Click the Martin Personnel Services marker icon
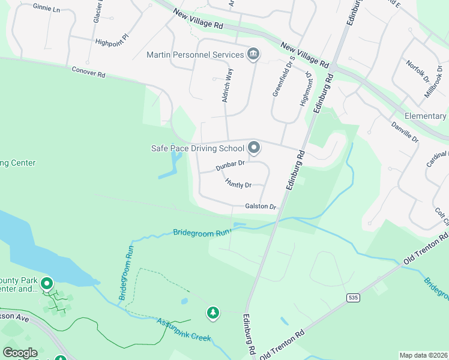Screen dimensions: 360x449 tap(253, 55)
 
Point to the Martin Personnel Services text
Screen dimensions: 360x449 tap(196, 55)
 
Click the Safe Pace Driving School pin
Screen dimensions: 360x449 tap(254, 147)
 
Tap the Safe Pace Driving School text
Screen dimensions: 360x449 tap(197, 148)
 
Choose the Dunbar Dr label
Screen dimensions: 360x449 tap(231, 163)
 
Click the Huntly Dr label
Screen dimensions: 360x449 tap(238, 182)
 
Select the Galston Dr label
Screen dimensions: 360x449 tap(260, 206)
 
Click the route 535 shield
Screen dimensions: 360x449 tap(352, 297)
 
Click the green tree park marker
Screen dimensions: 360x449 tap(212, 312)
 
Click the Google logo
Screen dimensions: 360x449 tap(20, 353)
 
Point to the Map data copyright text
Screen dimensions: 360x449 tap(423, 355)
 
